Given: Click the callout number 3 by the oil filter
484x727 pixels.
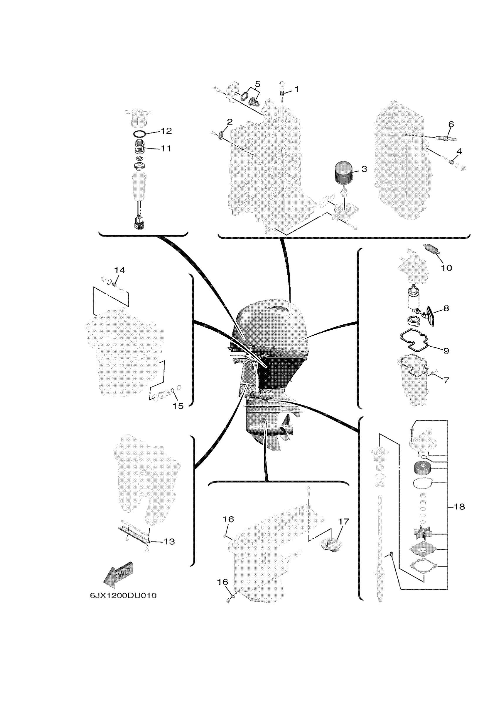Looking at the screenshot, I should pos(364,169).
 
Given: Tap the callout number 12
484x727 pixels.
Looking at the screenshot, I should pos(166,131).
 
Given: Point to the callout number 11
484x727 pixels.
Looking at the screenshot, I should pos(166,148).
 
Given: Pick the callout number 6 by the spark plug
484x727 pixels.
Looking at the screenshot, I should pos(451,125).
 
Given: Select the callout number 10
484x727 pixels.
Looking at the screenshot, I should pos(446,268).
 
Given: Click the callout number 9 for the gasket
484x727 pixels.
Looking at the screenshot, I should pos(446,351).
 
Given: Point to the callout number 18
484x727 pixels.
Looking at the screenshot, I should pos(460,507).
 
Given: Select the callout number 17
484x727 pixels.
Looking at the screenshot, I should pos(343,522).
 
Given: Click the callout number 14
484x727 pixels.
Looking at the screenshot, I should pos(120,270).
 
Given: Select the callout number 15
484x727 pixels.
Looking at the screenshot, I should pos(178,406).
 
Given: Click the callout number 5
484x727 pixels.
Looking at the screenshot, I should pos(257,84).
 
